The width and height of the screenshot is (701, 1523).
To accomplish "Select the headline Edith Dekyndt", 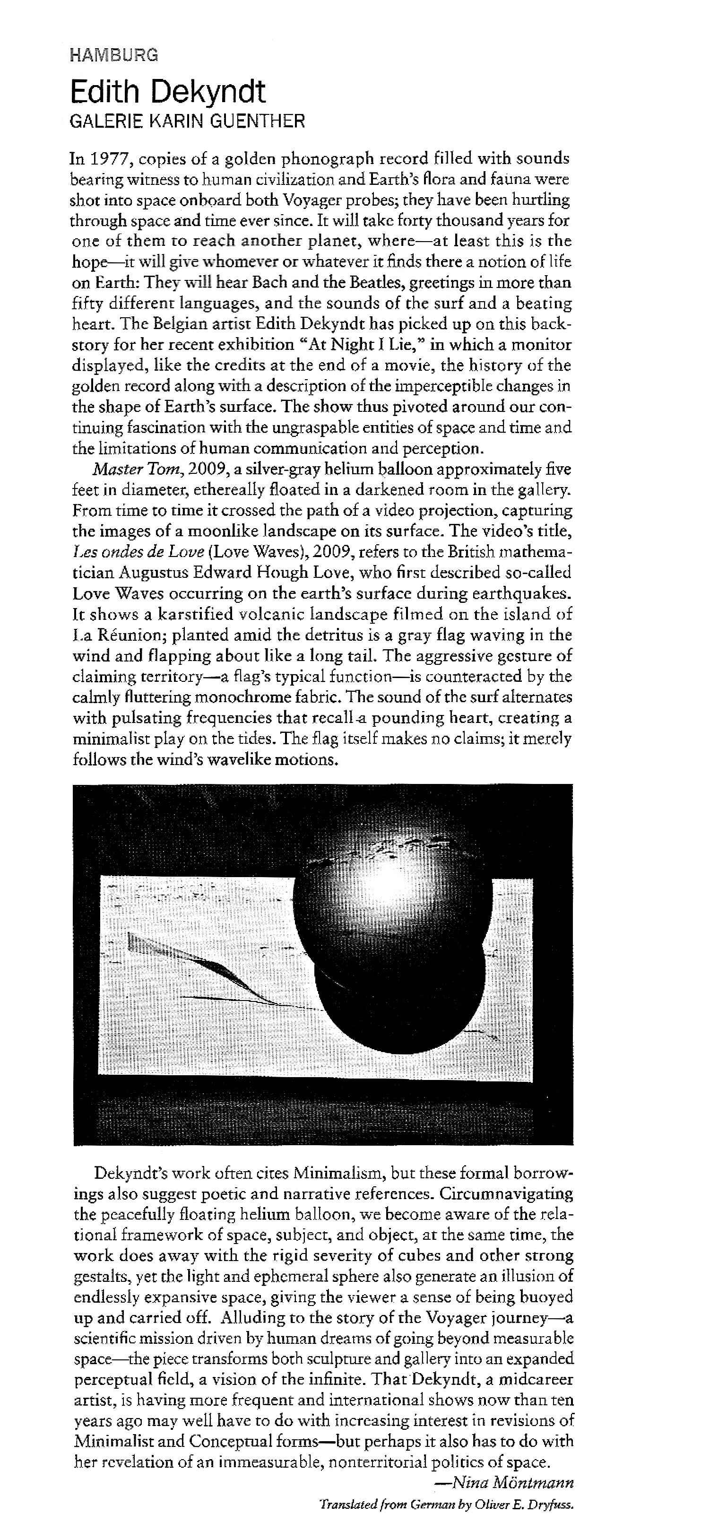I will pyautogui.click(x=168, y=92).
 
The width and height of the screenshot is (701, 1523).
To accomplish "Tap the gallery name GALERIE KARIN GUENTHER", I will pyautogui.click(x=187, y=122).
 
